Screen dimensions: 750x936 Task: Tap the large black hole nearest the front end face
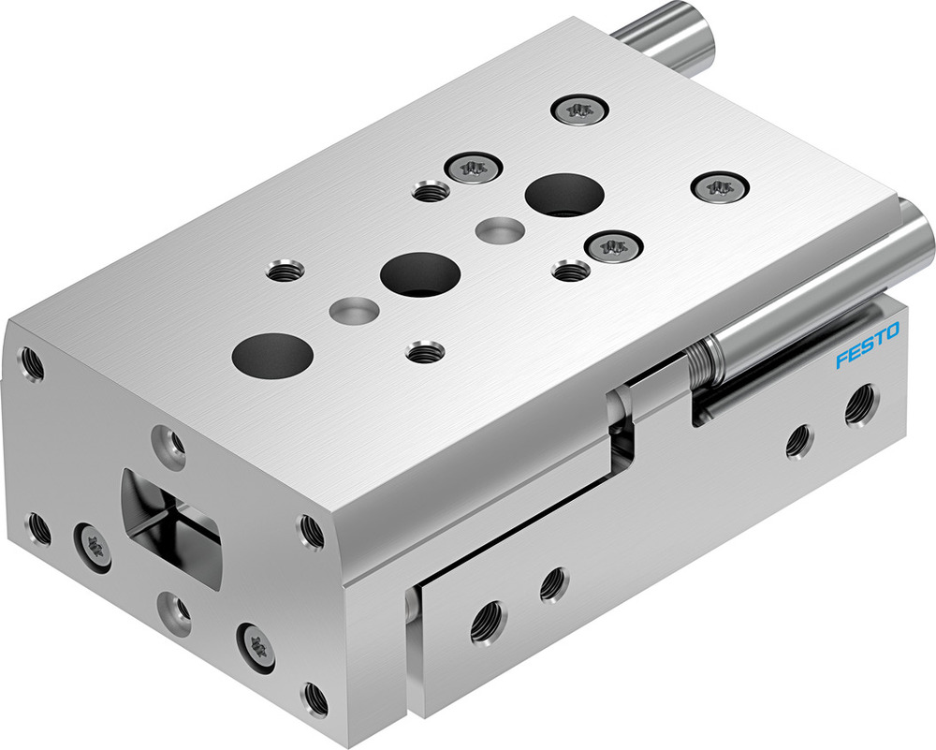click(x=272, y=354)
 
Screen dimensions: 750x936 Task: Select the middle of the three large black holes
click(x=420, y=273)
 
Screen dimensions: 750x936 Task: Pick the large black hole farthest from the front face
click(x=564, y=195)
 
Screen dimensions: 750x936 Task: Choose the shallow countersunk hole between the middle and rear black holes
click(x=499, y=228)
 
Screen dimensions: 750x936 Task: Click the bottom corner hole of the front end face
click(x=314, y=697)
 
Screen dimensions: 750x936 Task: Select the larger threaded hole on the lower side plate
click(x=488, y=619)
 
